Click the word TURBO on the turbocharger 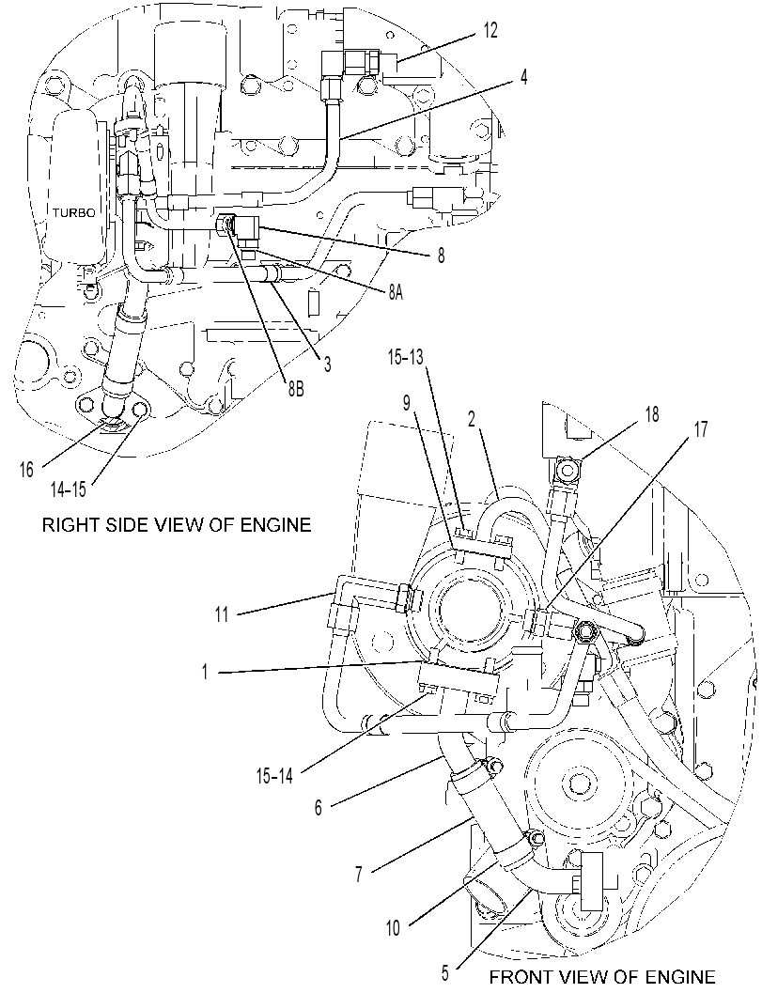(x=73, y=212)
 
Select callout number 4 (x=522, y=77)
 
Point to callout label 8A (x=396, y=292)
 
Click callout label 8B (x=294, y=390)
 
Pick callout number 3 (x=327, y=365)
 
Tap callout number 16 (x=26, y=472)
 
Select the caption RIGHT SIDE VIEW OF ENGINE (x=177, y=525)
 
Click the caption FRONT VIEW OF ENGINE (x=602, y=978)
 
